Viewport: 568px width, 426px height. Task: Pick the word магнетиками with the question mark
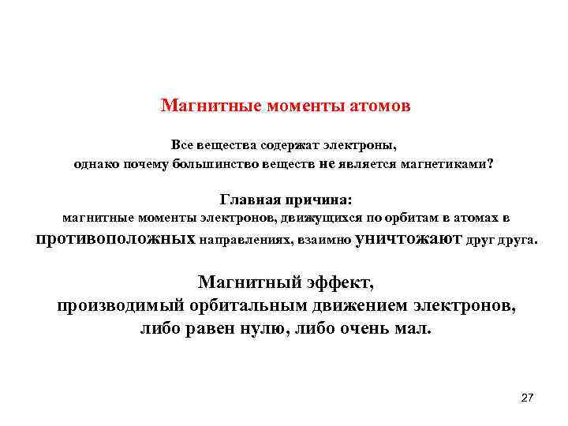point(453,164)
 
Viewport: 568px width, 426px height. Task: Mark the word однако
point(99,164)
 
